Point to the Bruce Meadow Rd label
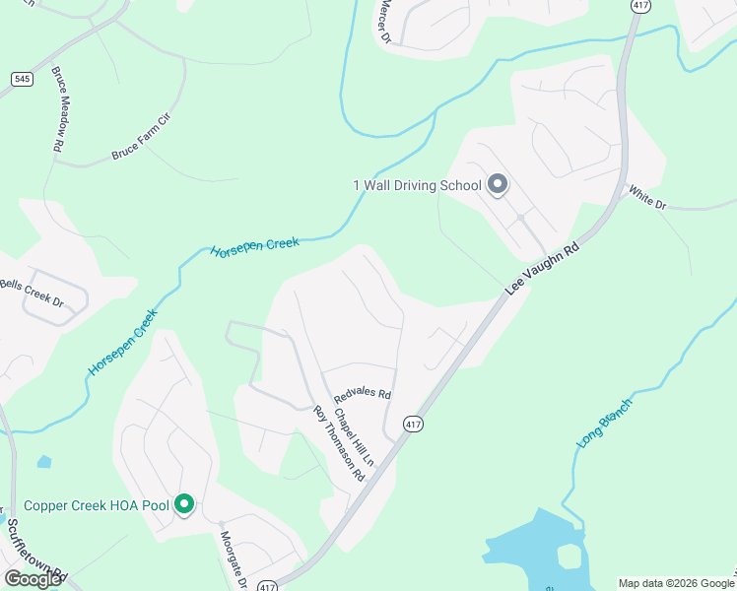pyautogui.click(x=59, y=109)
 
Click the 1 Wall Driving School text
pyautogui.click(x=417, y=185)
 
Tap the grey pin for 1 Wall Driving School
pyautogui.click(x=498, y=184)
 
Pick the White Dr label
pyautogui.click(x=647, y=197)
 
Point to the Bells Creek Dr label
pyautogui.click(x=32, y=293)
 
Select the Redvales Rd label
pyautogui.click(x=363, y=394)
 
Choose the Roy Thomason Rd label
pyautogui.click(x=339, y=443)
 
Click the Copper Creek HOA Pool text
pyautogui.click(x=96, y=505)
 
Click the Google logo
pyautogui.click(x=33, y=579)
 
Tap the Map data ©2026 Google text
pyautogui.click(x=676, y=583)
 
